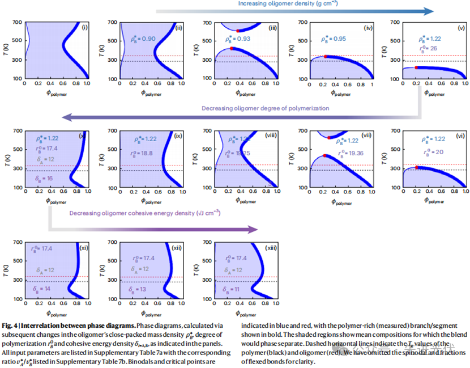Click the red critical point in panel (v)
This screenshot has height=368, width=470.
(x=416, y=67)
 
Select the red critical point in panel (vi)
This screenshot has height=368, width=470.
(x=417, y=167)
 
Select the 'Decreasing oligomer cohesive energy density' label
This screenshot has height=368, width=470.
(x=145, y=213)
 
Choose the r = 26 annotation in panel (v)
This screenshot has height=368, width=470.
(x=428, y=49)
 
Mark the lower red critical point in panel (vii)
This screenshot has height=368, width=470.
(x=325, y=155)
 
